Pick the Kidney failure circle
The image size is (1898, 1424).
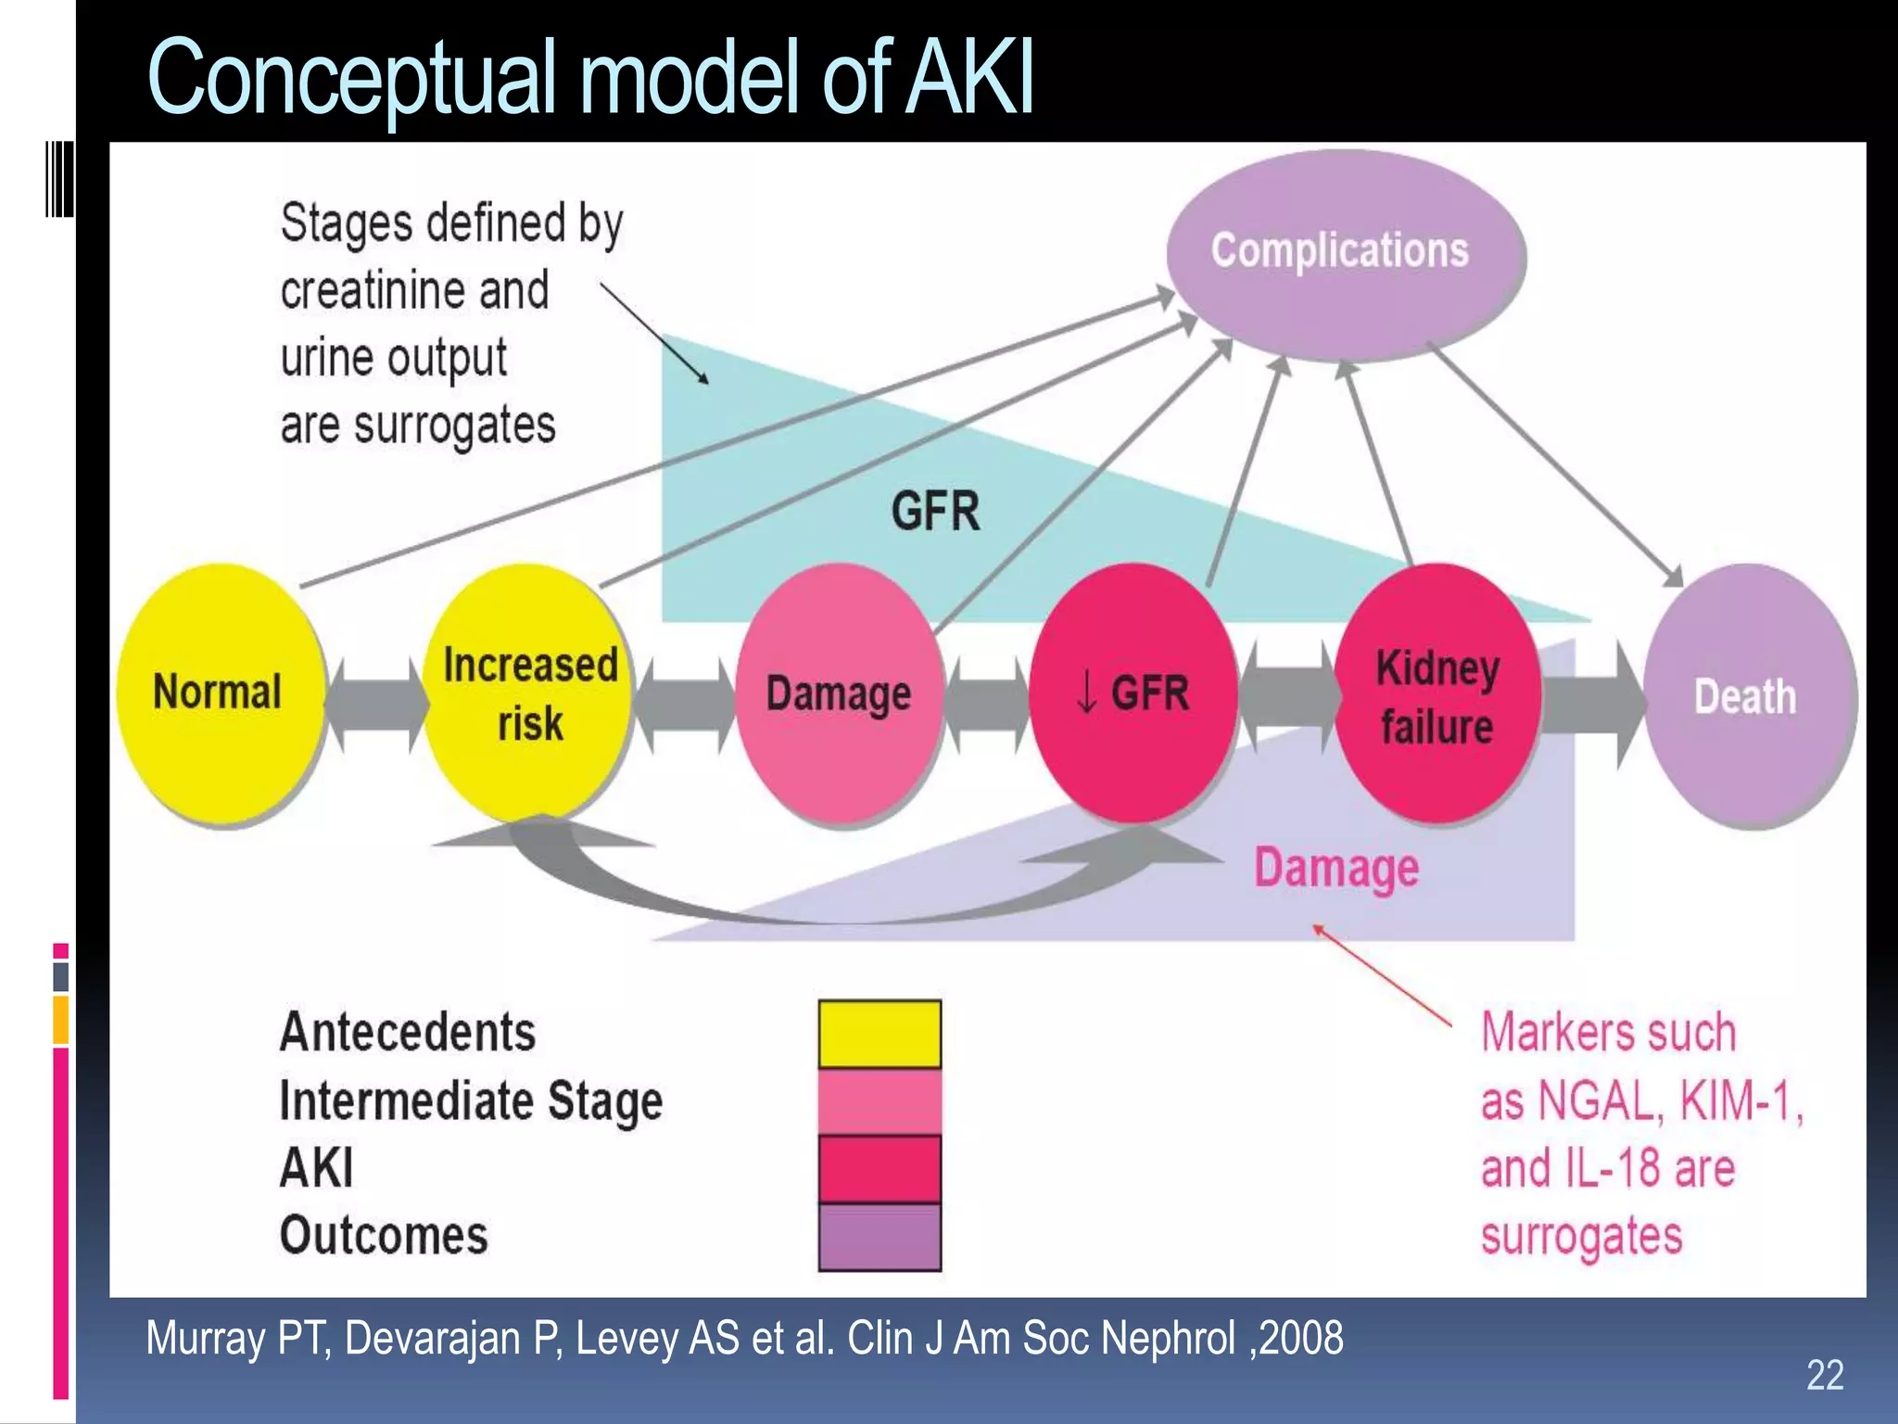click(x=1436, y=695)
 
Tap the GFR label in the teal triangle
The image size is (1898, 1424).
click(x=935, y=512)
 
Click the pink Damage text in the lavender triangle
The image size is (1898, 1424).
click(x=1335, y=868)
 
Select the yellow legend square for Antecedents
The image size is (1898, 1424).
click(x=879, y=1034)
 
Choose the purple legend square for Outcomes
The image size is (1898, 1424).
click(x=879, y=1237)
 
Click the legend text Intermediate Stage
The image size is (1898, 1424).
click(x=471, y=1101)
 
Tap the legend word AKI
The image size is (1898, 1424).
click(x=317, y=1168)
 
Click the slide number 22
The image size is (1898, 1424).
click(x=1824, y=1374)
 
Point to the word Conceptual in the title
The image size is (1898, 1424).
click(x=351, y=78)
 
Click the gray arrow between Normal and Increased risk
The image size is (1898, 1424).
click(x=376, y=705)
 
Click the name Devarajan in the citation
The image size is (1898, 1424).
click(x=434, y=1339)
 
